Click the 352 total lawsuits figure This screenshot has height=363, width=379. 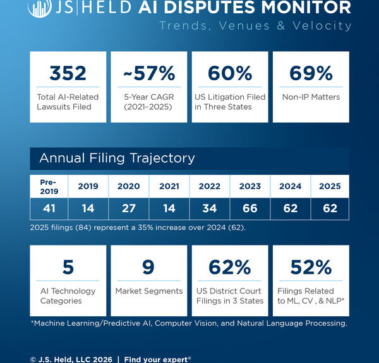tap(68, 73)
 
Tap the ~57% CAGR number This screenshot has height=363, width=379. tap(148, 73)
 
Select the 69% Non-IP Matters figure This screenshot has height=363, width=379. tap(310, 73)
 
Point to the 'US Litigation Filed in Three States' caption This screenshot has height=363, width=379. tap(229, 102)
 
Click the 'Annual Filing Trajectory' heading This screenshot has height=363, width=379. tap(117, 158)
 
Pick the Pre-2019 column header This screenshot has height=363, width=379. tap(49, 186)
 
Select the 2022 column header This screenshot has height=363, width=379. tap(209, 186)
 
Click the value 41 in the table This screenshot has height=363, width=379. tap(49, 208)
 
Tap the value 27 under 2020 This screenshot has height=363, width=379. tap(128, 208)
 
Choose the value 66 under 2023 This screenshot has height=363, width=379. tap(250, 208)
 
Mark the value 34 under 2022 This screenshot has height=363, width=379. tap(209, 208)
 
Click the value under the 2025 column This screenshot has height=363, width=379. tap(329, 208)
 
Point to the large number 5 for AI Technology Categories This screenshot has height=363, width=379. tap(68, 267)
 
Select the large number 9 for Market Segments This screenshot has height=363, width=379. tap(148, 267)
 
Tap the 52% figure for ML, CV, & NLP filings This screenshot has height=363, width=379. tap(310, 267)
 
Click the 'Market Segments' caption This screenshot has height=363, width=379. tap(148, 291)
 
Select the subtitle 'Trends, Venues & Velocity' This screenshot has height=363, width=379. tap(255, 26)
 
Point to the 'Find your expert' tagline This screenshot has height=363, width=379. tap(157, 359)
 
